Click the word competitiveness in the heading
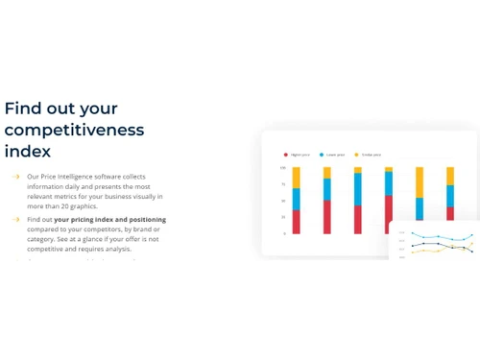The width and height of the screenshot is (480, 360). click(x=74, y=130)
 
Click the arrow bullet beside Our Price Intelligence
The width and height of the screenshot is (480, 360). click(x=15, y=177)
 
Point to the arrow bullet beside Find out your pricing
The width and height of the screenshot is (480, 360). click(x=15, y=220)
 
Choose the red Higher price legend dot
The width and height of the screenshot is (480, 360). click(x=285, y=154)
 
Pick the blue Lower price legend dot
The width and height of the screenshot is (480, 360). click(x=321, y=154)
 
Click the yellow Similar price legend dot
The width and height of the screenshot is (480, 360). click(x=356, y=154)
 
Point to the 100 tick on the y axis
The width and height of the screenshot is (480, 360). click(x=283, y=168)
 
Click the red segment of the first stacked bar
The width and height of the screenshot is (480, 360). click(x=297, y=222)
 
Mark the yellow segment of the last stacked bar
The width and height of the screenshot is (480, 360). click(x=450, y=176)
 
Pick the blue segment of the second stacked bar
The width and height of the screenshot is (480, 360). click(x=327, y=189)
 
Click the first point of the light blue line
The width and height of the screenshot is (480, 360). click(x=413, y=233)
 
